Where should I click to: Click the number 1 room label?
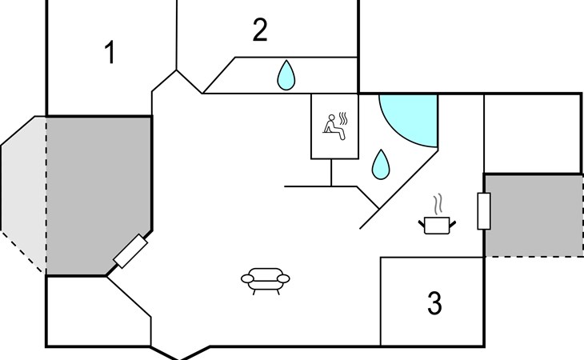(x=110, y=53)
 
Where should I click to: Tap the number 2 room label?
(x=260, y=30)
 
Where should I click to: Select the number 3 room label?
(x=434, y=303)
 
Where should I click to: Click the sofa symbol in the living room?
(x=266, y=281)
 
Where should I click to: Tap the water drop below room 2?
(x=286, y=75)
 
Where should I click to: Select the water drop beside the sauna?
(x=381, y=164)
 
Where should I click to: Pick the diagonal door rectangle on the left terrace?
(x=130, y=251)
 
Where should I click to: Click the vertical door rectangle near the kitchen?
(x=484, y=211)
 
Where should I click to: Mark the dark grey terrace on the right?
(x=534, y=215)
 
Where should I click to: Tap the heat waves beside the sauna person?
(x=343, y=119)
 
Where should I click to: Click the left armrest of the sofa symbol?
(x=247, y=278)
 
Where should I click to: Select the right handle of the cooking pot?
(x=453, y=224)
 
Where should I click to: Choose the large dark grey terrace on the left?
(x=98, y=195)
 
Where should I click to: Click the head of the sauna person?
(x=331, y=118)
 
